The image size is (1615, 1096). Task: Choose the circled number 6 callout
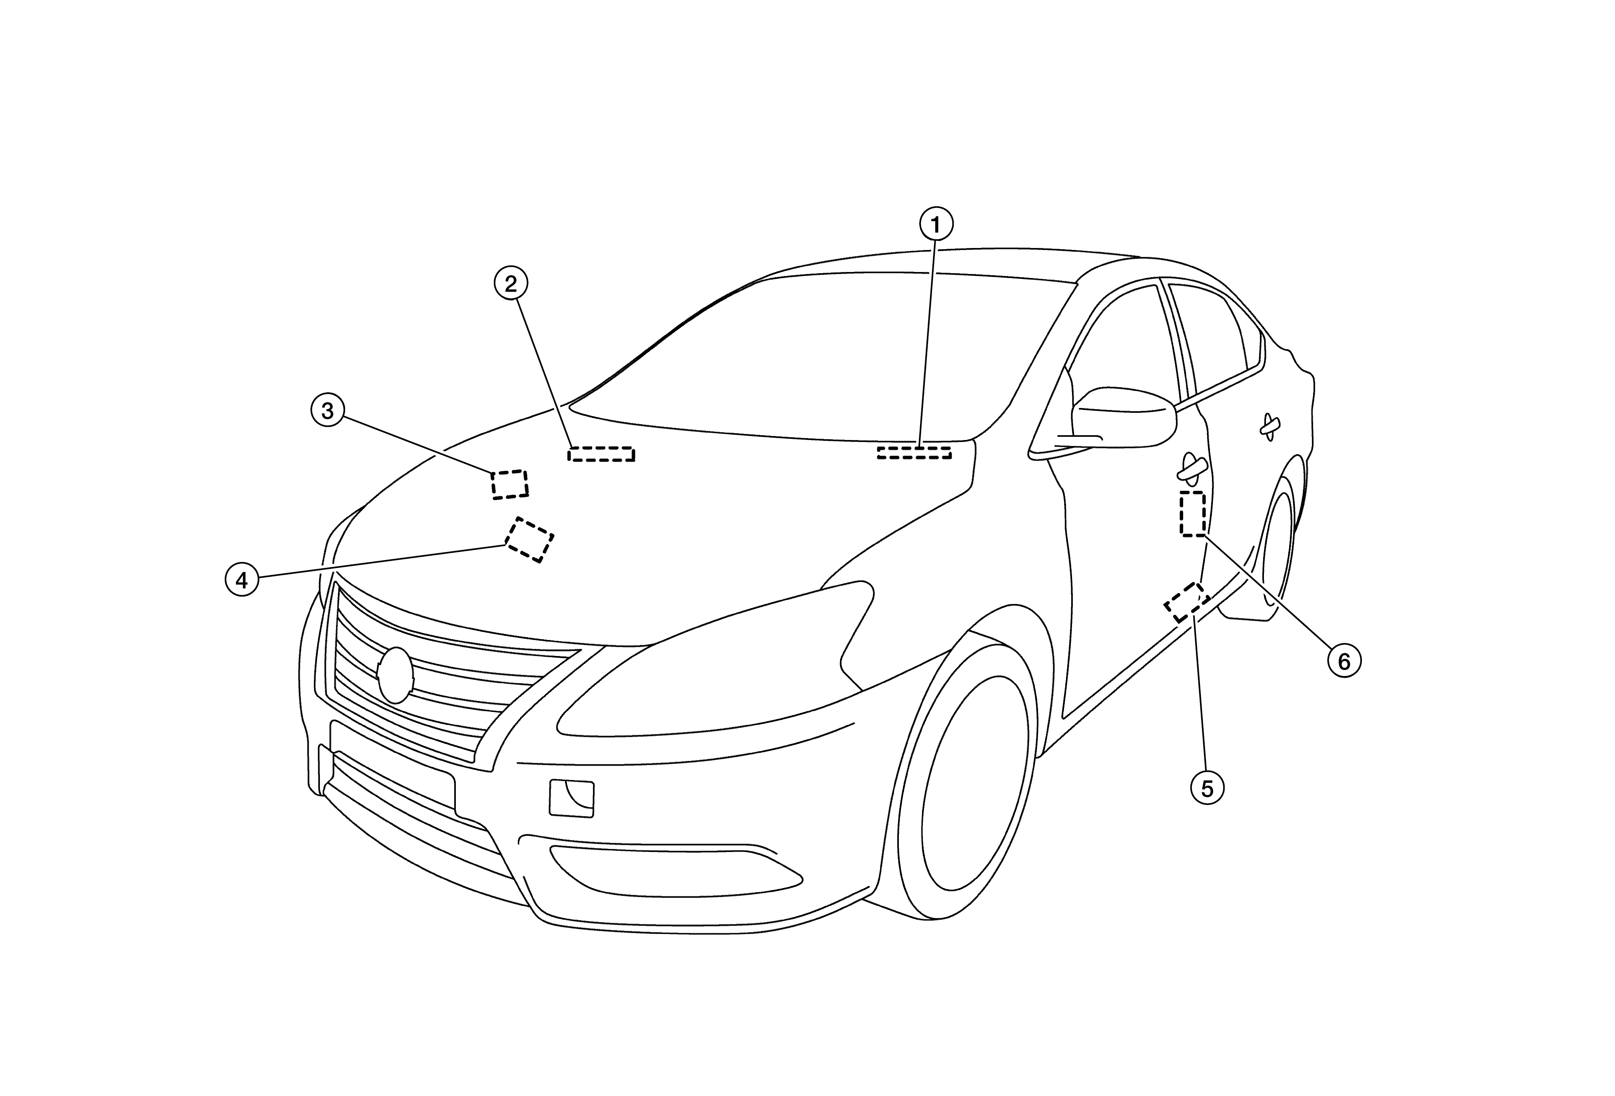pos(1344,662)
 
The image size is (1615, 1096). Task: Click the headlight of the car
pos(716,660)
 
